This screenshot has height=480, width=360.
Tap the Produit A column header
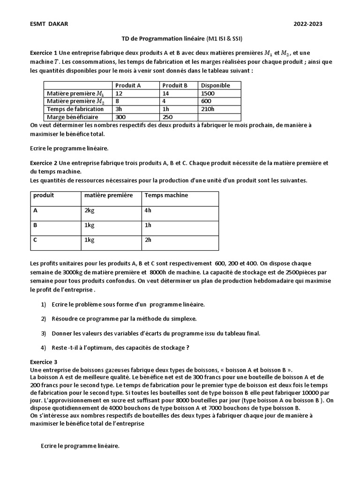point(127,85)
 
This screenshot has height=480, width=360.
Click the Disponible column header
point(215,85)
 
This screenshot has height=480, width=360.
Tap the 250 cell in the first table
point(167,117)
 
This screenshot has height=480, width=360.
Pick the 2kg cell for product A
point(90,210)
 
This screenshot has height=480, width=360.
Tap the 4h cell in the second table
point(148,210)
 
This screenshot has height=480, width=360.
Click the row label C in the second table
point(35,240)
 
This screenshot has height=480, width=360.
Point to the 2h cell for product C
point(148,240)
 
